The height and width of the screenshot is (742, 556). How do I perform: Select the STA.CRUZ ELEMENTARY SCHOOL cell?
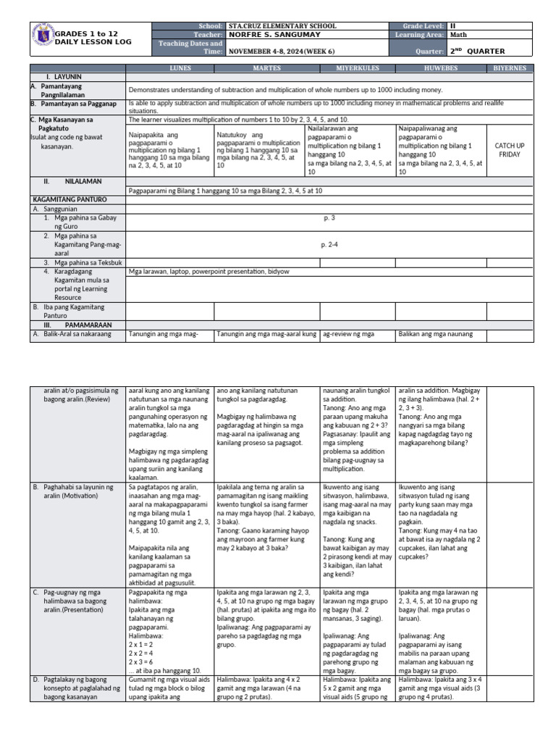[282, 25]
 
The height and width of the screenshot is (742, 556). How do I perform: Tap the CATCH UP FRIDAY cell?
[510, 150]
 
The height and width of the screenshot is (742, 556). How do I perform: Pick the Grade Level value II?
[453, 25]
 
